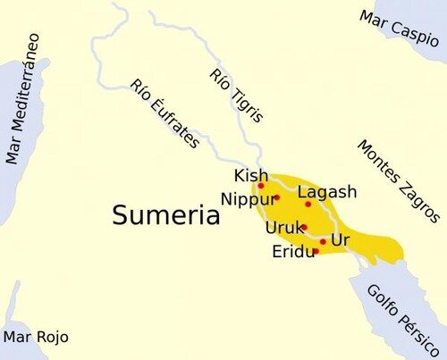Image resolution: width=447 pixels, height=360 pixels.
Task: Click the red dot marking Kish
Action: click(x=261, y=186)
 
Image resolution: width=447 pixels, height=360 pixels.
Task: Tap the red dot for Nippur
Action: click(x=277, y=197)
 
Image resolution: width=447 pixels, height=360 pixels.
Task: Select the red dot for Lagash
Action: click(x=308, y=204)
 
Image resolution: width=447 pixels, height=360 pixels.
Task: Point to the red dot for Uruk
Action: click(x=304, y=227)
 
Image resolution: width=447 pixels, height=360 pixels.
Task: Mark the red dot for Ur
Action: click(x=323, y=241)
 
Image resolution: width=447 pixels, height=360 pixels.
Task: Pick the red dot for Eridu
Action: click(x=316, y=252)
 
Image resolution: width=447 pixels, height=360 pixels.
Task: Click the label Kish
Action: click(x=250, y=174)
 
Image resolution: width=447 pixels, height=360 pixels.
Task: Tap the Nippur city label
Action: click(x=248, y=198)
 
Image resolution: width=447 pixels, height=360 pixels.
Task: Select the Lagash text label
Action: click(x=327, y=192)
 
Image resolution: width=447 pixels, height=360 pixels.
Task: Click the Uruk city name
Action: click(x=283, y=228)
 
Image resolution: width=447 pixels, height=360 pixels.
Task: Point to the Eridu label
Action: click(x=291, y=253)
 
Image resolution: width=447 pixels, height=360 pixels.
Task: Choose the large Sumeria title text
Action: click(x=166, y=216)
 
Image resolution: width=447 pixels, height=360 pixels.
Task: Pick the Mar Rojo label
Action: click(x=36, y=337)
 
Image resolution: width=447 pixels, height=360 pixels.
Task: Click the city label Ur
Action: click(x=340, y=240)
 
